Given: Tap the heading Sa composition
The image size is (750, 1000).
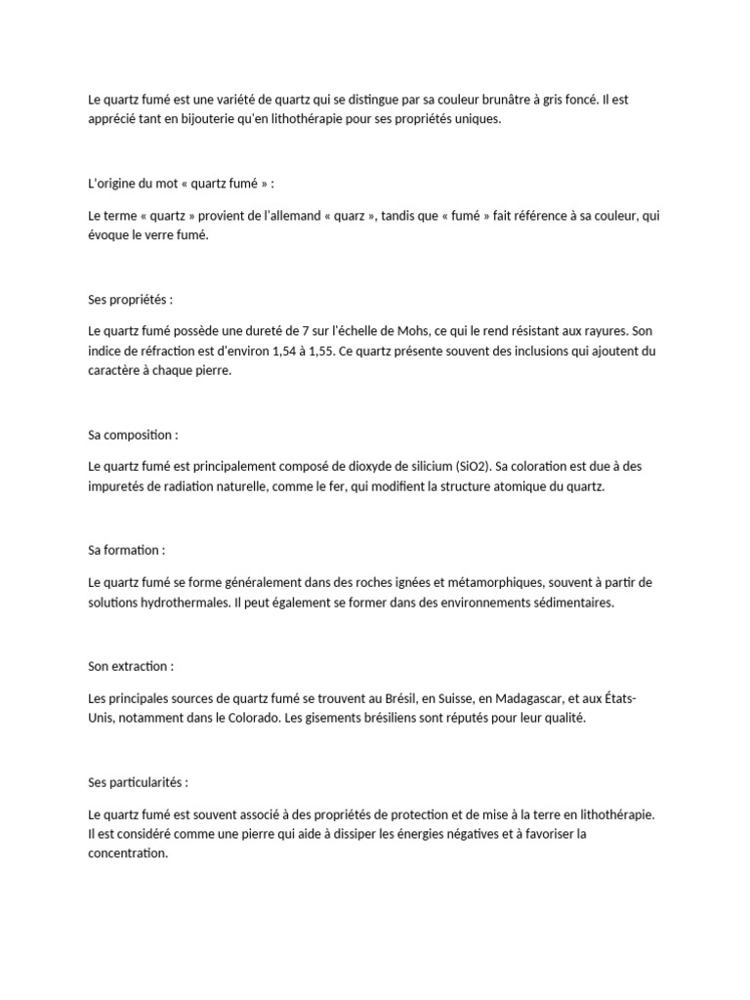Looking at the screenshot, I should (x=133, y=434).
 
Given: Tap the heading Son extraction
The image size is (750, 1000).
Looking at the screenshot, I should (x=130, y=666).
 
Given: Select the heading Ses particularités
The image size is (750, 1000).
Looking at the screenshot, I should (x=137, y=782).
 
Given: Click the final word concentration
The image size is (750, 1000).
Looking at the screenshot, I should (x=127, y=853).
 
